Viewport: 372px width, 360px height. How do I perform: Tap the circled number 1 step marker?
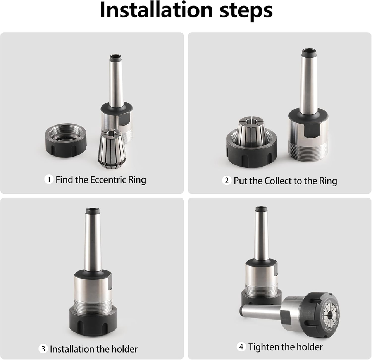click(x=48, y=179)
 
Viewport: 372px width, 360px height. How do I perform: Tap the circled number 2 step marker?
click(x=227, y=181)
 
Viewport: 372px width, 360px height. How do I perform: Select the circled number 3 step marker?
click(x=43, y=349)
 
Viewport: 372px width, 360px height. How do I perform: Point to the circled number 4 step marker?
click(x=241, y=347)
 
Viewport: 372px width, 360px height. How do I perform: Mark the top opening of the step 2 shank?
click(x=309, y=52)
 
